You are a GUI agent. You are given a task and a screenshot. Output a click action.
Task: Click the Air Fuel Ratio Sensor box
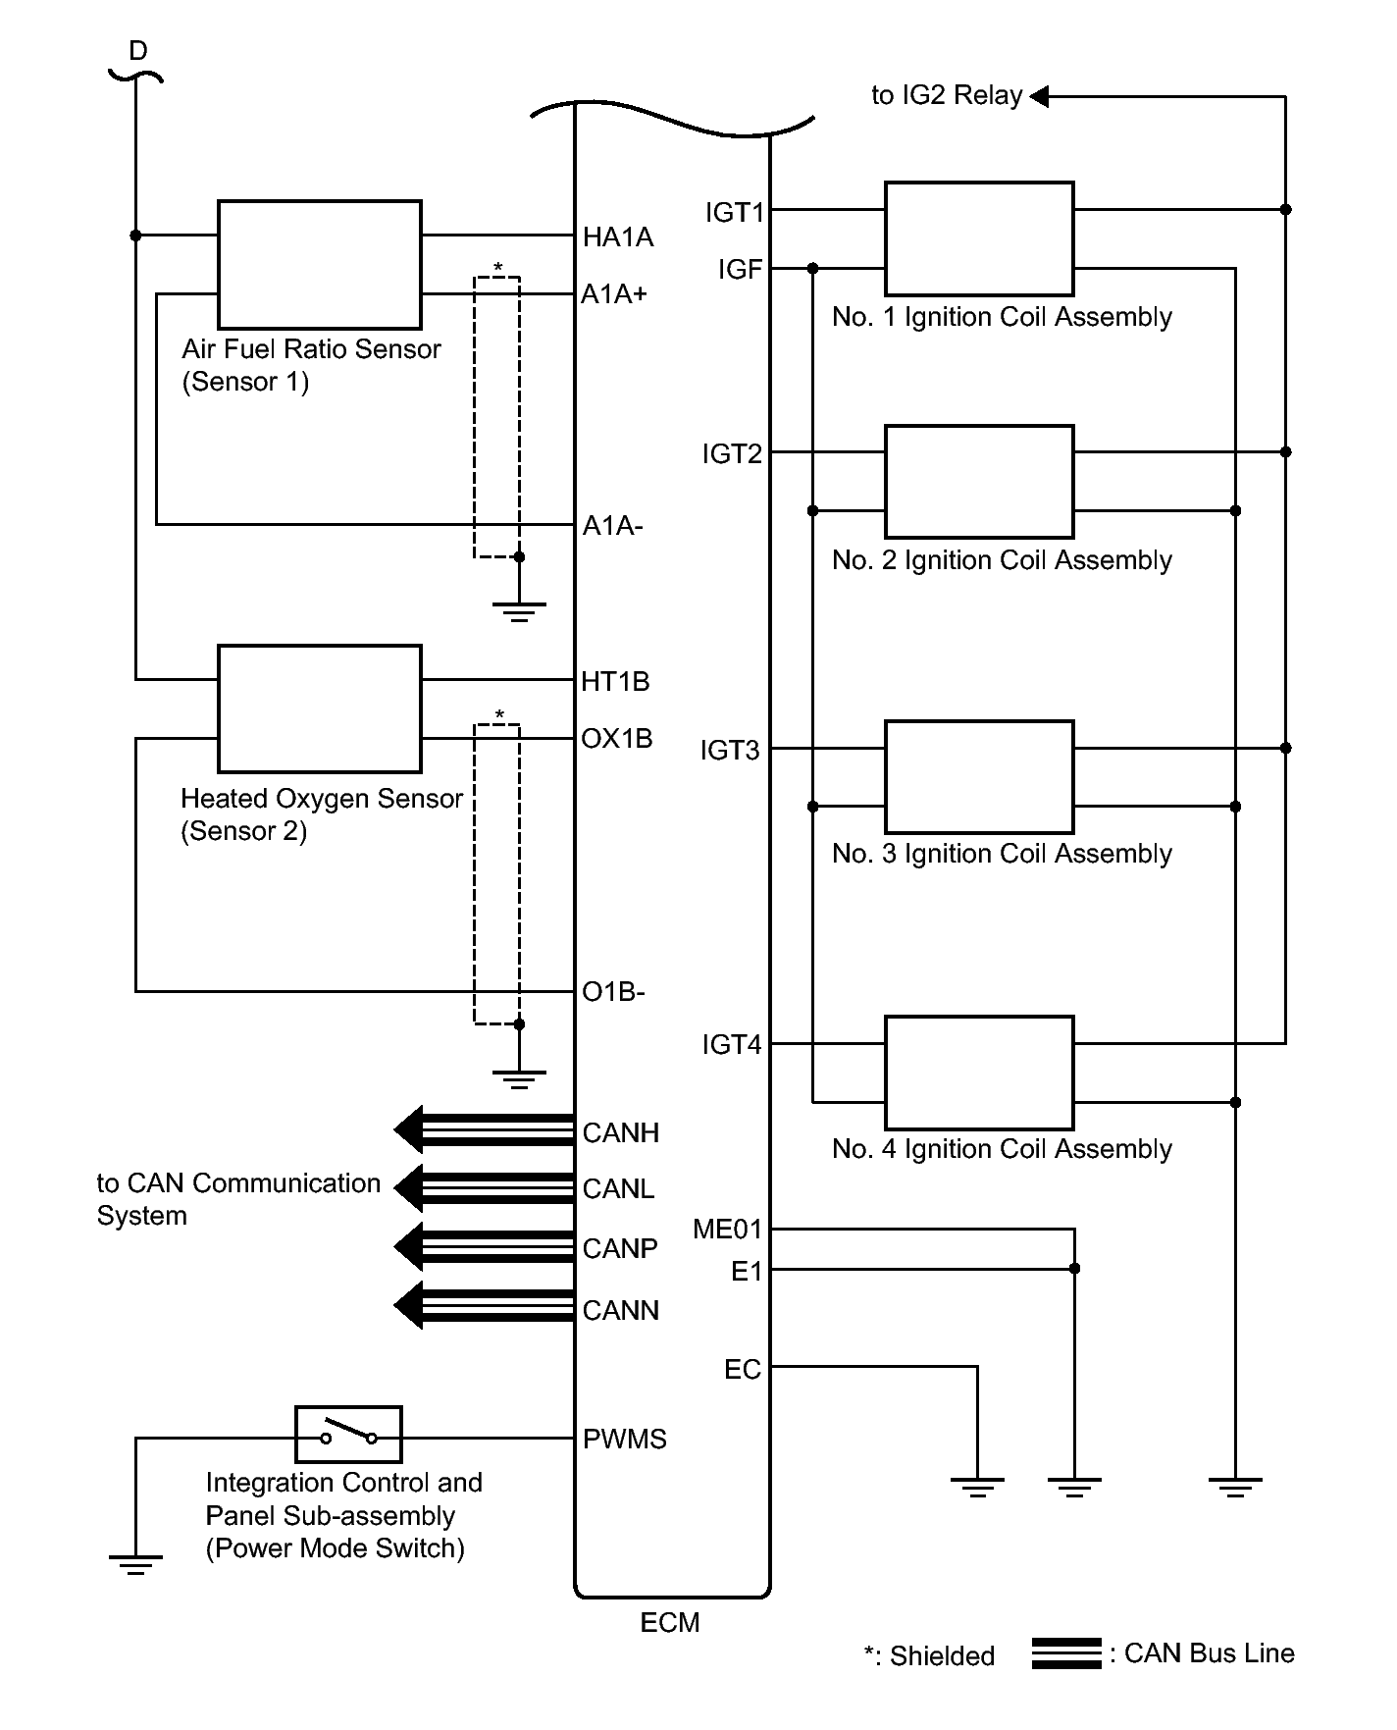320,265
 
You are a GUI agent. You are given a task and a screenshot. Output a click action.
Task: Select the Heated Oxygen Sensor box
320,708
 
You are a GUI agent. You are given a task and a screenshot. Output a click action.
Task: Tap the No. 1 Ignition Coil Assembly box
979,238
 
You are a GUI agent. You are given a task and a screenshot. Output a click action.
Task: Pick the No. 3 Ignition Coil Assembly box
979,777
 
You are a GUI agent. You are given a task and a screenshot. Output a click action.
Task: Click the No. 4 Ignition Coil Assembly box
979,1073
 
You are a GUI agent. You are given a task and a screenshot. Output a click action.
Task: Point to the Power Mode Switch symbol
348,1435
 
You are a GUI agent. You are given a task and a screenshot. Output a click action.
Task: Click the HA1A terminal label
618,237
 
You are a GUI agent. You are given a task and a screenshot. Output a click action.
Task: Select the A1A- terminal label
613,527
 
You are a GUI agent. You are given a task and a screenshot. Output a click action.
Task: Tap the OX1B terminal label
617,738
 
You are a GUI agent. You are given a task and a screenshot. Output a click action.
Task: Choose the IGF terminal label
741,269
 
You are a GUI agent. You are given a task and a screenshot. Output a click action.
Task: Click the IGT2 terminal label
732,453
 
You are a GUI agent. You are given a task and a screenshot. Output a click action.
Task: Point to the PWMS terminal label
625,1439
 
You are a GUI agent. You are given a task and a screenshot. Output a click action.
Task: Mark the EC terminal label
743,1369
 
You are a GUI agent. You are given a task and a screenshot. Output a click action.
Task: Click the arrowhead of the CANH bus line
408,1130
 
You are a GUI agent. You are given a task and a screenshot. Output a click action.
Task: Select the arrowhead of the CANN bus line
408,1306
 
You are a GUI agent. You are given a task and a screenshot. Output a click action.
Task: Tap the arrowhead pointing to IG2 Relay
1039,96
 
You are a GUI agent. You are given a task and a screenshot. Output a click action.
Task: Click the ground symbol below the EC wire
977,1488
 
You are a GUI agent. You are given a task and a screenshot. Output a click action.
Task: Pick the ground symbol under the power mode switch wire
135,1564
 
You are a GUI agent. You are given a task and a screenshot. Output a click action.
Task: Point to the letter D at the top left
138,51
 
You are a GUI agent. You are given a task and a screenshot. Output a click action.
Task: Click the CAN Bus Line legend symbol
1066,1652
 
